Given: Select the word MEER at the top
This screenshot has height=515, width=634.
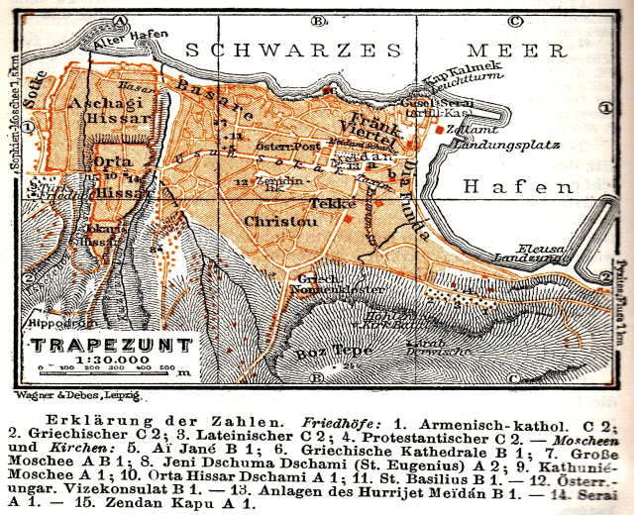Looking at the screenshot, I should coord(507,50).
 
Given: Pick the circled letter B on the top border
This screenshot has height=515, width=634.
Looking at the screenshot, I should coord(319,20).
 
